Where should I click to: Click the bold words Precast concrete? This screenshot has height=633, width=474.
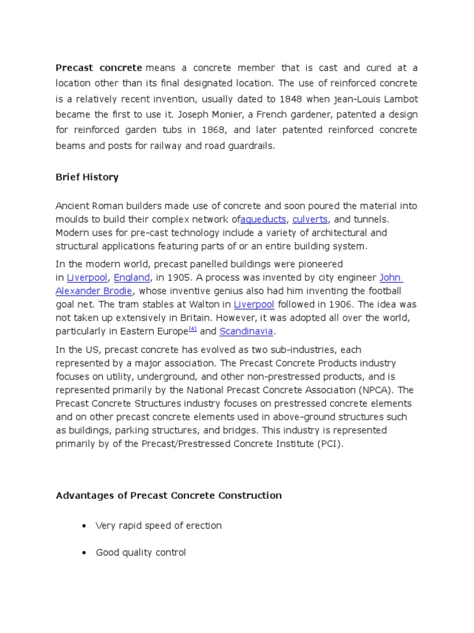click(x=99, y=67)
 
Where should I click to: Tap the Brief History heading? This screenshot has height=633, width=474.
click(x=87, y=177)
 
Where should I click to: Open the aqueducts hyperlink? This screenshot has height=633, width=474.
click(x=264, y=219)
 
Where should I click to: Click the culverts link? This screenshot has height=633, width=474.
click(x=310, y=219)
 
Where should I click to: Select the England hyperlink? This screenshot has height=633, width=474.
click(x=131, y=278)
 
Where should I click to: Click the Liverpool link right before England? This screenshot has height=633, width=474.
click(x=86, y=278)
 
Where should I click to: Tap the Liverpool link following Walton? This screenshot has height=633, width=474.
click(x=254, y=304)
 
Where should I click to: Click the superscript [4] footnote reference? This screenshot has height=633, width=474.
click(x=193, y=329)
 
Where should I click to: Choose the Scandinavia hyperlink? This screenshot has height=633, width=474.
click(x=246, y=331)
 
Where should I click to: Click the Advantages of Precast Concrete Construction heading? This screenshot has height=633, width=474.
click(x=168, y=495)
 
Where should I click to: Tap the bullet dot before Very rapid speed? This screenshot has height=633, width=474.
click(x=83, y=526)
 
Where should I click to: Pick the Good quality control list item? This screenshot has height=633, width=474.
click(x=141, y=553)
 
